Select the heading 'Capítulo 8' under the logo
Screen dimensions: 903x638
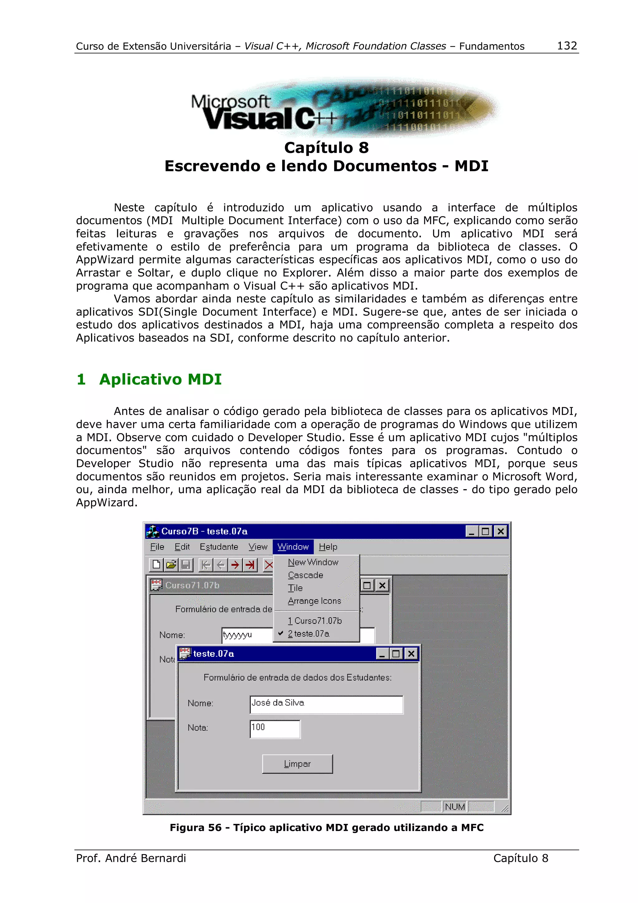click(326, 148)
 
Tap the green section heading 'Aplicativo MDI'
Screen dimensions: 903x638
click(160, 380)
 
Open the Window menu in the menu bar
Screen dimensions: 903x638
click(293, 547)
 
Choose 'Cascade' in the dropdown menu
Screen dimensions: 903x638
click(305, 575)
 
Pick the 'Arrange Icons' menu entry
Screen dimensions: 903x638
click(314, 601)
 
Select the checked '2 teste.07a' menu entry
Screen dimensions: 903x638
click(309, 633)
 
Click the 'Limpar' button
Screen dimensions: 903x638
click(297, 764)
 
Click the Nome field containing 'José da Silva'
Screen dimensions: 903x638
click(326, 705)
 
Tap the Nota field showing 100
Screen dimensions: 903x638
click(275, 729)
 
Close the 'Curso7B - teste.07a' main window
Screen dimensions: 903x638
click(500, 532)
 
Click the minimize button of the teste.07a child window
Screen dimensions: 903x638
click(382, 654)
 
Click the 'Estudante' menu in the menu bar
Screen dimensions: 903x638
click(219, 547)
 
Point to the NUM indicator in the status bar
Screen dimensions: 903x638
click(455, 807)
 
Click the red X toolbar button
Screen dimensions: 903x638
click(269, 565)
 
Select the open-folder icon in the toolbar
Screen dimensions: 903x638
click(171, 565)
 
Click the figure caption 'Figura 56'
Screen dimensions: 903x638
click(326, 828)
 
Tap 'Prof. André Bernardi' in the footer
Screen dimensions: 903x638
click(131, 858)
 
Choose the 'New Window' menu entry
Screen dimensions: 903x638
click(313, 562)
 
